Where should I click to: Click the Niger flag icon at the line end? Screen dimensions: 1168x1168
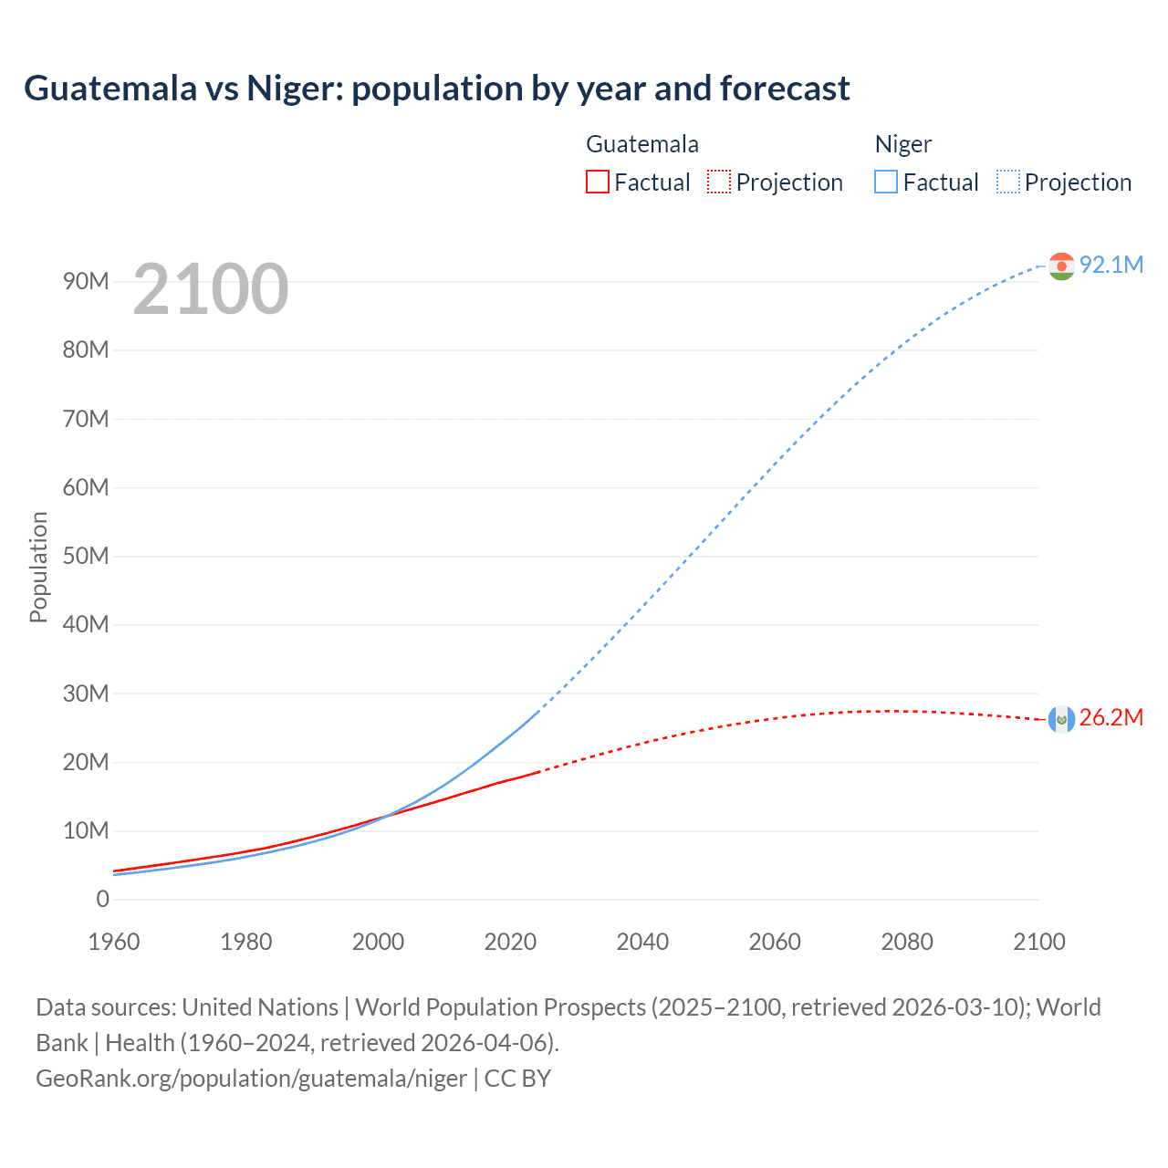[1061, 266]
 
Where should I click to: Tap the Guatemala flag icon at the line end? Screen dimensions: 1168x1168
[1061, 719]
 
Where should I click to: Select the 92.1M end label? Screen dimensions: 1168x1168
[1111, 265]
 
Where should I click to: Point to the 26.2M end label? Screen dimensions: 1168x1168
[1111, 718]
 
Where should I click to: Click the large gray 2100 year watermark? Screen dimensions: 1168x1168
[211, 289]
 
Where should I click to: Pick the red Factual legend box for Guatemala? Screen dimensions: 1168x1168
[597, 182]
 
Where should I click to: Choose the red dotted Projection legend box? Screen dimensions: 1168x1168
[719, 182]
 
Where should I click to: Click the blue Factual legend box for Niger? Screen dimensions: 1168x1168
[885, 182]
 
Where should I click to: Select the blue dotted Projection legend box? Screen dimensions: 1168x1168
[1008, 182]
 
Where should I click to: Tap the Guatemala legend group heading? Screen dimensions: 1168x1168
[642, 144]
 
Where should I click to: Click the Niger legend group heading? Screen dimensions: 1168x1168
[903, 144]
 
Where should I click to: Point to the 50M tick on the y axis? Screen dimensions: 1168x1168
[86, 557]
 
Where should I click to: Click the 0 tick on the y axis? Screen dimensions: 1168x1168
[102, 900]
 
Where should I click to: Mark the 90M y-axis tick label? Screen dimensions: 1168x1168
[86, 282]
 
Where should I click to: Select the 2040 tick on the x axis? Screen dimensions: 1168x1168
[642, 942]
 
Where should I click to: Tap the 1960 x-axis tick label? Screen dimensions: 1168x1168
[114, 942]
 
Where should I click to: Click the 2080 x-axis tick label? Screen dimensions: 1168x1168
[907, 942]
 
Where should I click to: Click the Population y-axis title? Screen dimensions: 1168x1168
[38, 567]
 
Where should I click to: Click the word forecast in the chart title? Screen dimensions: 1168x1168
[785, 89]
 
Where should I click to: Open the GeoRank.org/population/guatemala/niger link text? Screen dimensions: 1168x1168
[252, 1079]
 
